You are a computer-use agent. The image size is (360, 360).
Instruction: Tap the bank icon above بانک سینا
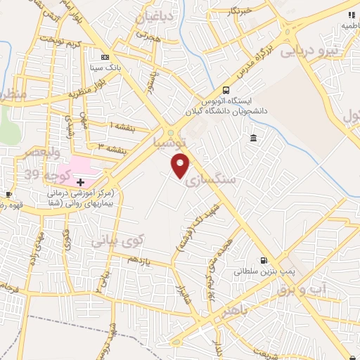(105, 58)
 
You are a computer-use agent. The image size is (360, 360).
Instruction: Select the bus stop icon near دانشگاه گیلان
(226, 89)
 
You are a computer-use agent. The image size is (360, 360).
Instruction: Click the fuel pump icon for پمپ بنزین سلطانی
(264, 259)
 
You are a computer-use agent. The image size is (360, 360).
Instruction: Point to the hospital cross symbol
(81, 182)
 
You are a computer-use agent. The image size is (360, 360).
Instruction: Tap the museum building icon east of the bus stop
(252, 137)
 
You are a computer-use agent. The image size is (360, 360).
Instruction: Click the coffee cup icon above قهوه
(8, 195)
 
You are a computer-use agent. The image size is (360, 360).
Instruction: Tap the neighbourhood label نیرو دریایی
(309, 51)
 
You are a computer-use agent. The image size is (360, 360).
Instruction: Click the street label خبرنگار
(238, 11)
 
